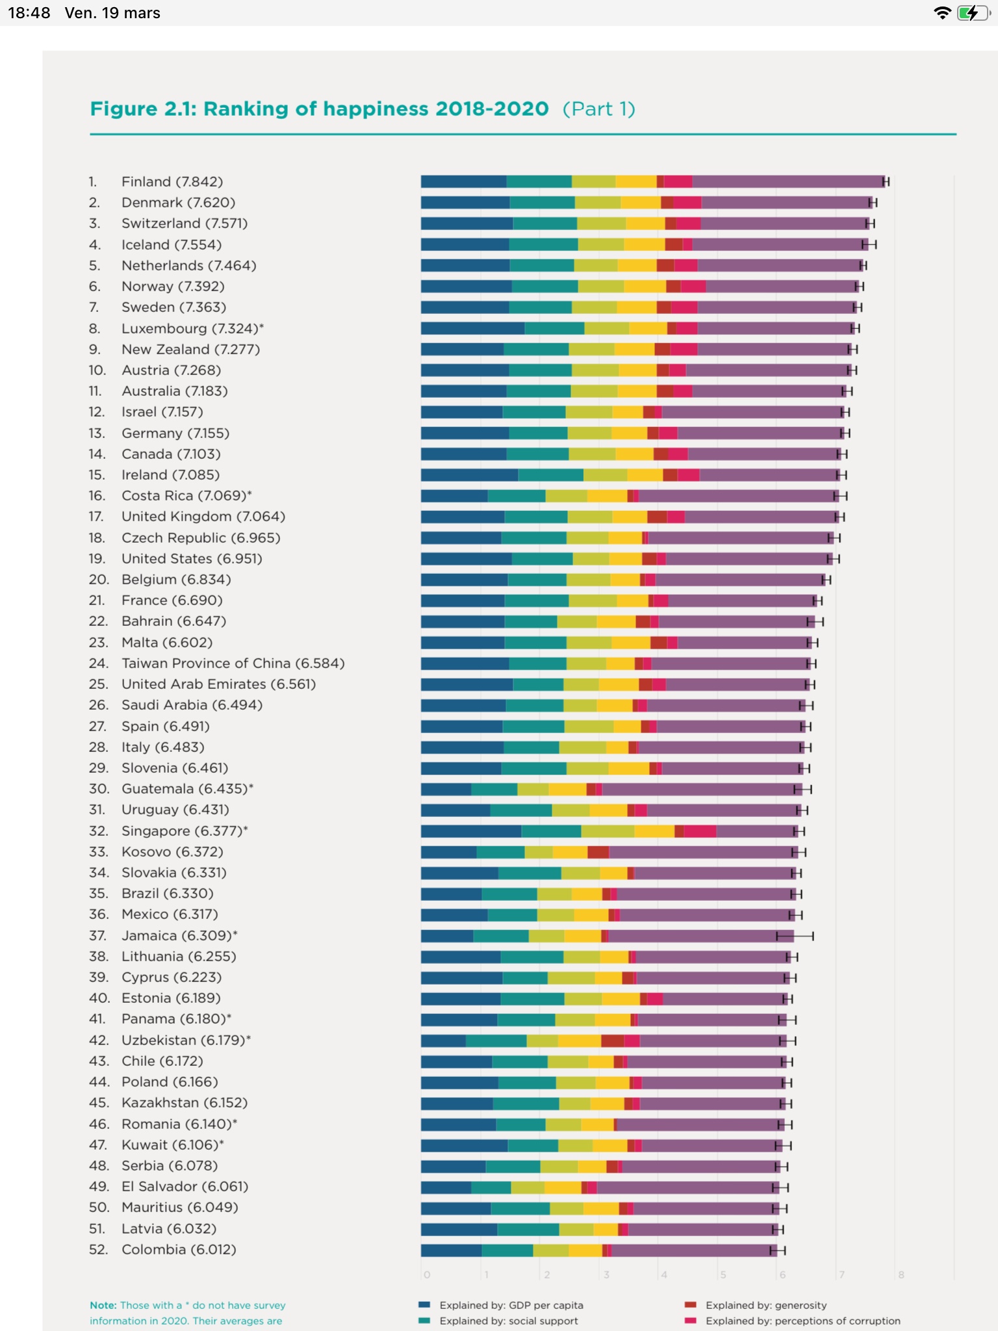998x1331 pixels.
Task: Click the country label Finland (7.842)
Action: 172,181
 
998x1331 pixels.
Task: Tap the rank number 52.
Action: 98,1249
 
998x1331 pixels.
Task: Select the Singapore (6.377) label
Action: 185,831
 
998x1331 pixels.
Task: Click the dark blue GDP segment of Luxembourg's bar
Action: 472,328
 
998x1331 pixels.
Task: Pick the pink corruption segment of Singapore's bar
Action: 700,831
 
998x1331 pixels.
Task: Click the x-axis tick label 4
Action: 664,1274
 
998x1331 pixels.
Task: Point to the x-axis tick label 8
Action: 901,1274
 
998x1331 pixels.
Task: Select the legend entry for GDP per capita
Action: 511,1305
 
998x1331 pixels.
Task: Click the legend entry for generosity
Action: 765,1305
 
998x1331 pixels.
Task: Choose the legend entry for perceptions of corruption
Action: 802,1321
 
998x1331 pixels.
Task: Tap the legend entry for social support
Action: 508,1321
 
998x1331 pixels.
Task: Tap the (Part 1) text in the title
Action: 598,109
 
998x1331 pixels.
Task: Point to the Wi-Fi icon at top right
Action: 941,13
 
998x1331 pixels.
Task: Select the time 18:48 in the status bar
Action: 29,13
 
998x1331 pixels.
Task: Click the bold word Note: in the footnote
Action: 103,1305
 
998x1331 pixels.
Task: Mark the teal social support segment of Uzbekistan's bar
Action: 496,1040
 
